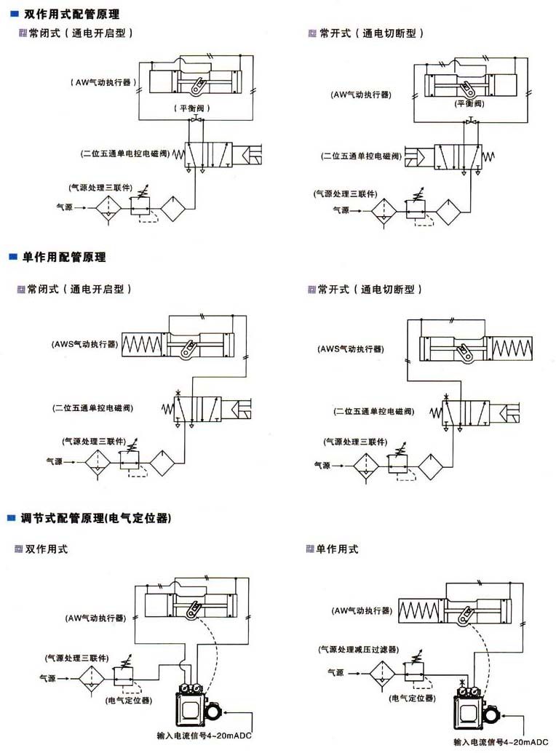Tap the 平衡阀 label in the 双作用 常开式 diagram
pos(470,103)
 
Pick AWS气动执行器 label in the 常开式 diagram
pos(351,348)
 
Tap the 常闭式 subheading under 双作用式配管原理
pos(80,33)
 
